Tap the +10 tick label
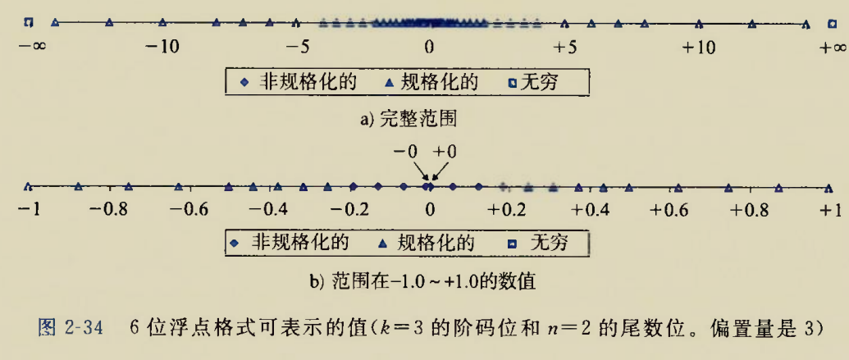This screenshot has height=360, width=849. [x=699, y=48]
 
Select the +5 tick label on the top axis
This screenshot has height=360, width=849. [x=564, y=48]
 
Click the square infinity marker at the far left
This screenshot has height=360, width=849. [x=28, y=22]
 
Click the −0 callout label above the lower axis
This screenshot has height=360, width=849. [x=406, y=153]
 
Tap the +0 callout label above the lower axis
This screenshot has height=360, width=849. [x=445, y=153]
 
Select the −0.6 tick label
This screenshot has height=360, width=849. [x=189, y=209]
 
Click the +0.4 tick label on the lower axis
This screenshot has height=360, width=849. [x=591, y=209]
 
